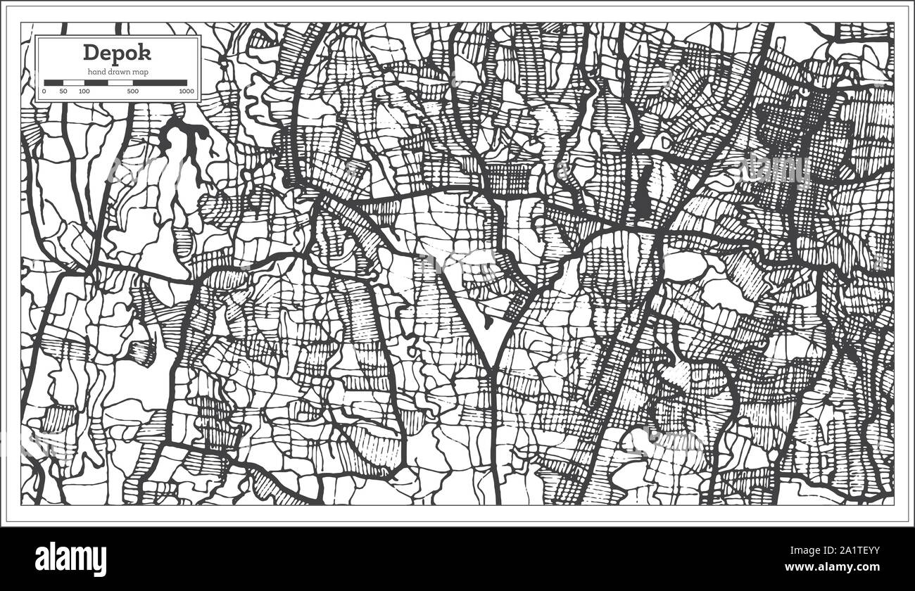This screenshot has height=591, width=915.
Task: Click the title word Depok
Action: click(x=116, y=53)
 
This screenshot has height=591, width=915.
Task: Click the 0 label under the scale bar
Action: click(x=44, y=91)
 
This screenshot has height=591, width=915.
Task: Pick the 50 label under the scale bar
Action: click(x=63, y=91)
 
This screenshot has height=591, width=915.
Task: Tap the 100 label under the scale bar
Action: click(x=84, y=91)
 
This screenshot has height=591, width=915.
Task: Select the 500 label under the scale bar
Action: click(x=132, y=91)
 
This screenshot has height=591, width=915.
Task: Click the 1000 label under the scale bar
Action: click(x=186, y=91)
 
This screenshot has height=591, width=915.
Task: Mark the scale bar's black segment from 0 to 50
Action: click(x=53, y=82)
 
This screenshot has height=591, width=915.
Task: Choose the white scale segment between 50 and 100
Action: click(x=73, y=82)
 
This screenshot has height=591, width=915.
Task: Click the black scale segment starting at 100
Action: click(x=95, y=82)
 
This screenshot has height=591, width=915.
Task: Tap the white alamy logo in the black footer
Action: click(x=70, y=559)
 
